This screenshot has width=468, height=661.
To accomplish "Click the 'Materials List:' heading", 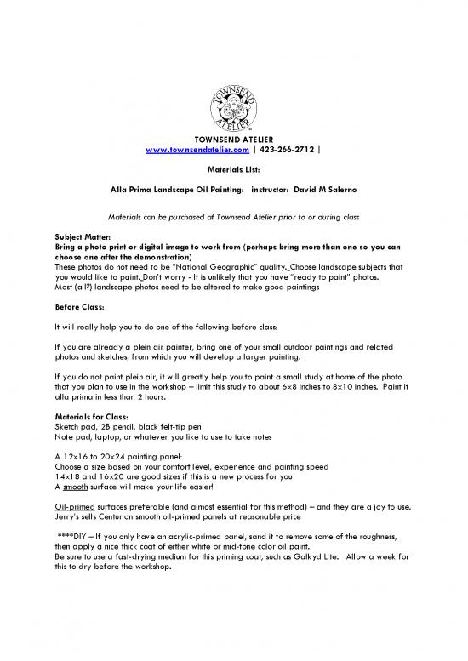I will pos(233,170).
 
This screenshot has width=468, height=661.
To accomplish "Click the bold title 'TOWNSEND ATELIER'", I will pos(233,140).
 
